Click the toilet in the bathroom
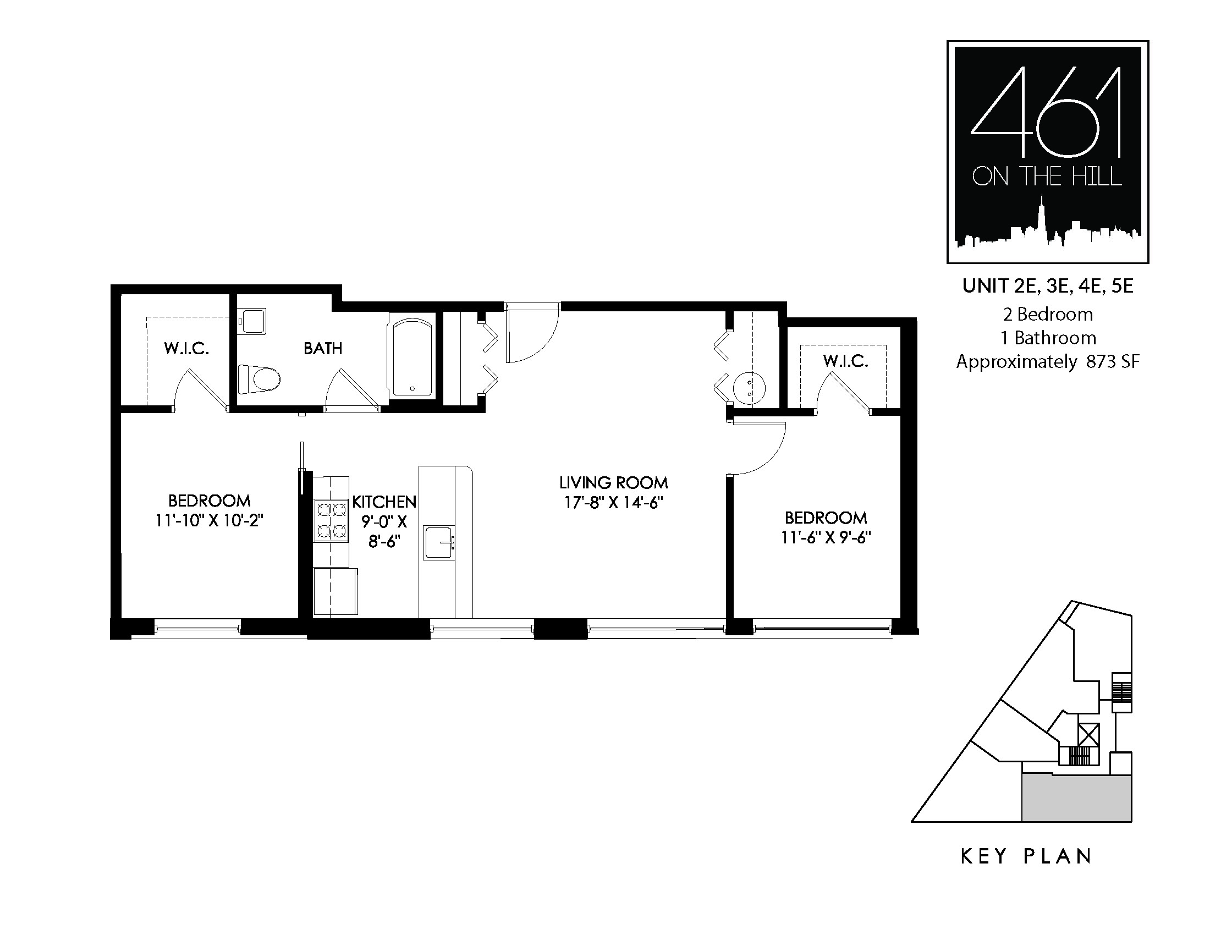point(258,380)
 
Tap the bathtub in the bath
point(412,356)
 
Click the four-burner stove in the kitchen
point(331,521)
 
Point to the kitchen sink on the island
point(439,543)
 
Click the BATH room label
point(323,348)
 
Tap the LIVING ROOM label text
point(614,483)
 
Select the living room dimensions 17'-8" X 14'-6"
point(614,503)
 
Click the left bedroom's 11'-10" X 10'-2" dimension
point(210,521)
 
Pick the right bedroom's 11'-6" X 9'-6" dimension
point(826,538)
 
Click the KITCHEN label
point(384,502)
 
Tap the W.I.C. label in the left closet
point(186,349)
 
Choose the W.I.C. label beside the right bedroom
point(845,361)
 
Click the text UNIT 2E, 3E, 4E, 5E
point(1048,286)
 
